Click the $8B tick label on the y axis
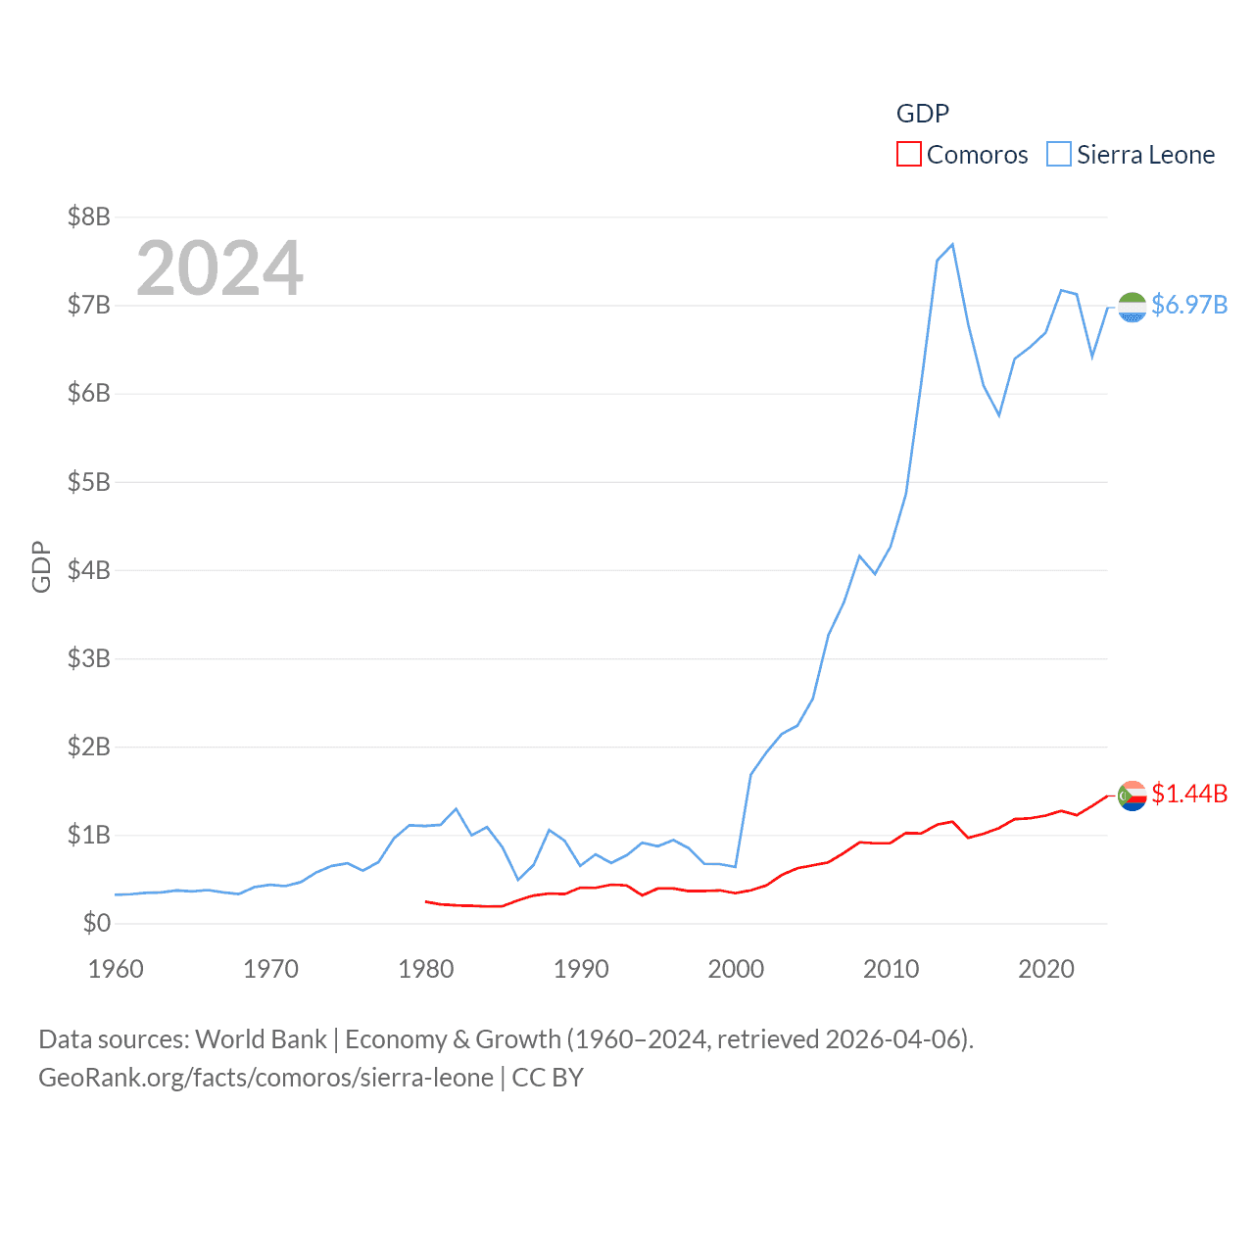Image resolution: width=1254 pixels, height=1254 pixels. (x=88, y=217)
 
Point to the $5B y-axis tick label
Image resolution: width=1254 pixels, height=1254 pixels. (x=88, y=482)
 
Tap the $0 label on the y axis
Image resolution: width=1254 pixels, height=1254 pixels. (x=96, y=923)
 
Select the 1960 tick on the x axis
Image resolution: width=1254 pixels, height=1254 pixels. (x=116, y=969)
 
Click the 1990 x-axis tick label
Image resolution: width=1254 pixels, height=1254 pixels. (x=581, y=969)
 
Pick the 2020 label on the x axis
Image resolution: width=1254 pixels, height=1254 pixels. (x=1046, y=969)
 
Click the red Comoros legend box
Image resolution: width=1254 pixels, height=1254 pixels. (x=909, y=155)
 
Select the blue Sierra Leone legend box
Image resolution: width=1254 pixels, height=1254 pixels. (x=1059, y=155)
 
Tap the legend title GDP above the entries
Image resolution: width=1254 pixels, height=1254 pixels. (x=923, y=114)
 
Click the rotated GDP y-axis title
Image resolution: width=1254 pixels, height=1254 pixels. (x=41, y=566)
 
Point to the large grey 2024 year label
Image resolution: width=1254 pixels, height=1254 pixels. (x=219, y=268)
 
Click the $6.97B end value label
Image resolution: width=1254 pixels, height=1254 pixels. (x=1189, y=305)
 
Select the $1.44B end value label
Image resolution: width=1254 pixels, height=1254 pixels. (x=1189, y=794)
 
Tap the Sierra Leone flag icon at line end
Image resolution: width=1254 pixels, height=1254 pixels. (x=1133, y=307)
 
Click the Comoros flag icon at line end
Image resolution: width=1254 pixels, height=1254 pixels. (x=1133, y=796)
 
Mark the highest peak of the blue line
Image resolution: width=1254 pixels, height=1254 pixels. (x=952, y=245)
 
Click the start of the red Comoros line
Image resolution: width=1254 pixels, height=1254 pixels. (x=426, y=901)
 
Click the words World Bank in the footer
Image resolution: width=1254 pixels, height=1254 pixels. (x=262, y=1039)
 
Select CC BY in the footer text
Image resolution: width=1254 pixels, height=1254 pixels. (x=548, y=1078)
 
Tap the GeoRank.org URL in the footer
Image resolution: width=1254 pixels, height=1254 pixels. (x=265, y=1078)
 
